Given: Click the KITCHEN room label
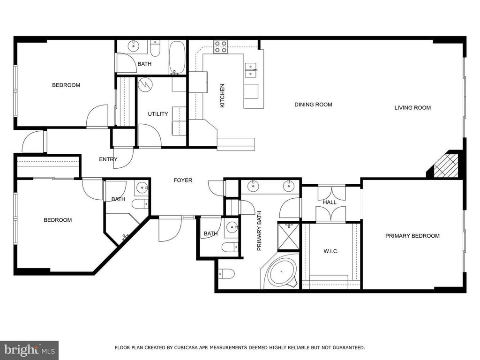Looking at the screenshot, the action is [223, 96].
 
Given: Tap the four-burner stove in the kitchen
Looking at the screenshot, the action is [220, 46].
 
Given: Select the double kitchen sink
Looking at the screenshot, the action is [251, 70].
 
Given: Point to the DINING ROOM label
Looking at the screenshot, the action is [313, 105].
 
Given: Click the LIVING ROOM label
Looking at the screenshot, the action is [412, 108].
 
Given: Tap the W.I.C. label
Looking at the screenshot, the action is [331, 251].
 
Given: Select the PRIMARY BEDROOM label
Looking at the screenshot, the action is [412, 236].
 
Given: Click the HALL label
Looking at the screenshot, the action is [330, 202].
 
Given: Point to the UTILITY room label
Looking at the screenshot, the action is [158, 114].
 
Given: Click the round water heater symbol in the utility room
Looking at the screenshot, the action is [145, 84].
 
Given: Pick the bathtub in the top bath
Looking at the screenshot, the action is [177, 58].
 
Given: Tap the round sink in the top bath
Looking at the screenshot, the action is [134, 46].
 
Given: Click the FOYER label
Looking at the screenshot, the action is [183, 180].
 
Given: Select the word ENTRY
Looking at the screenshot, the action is [108, 159].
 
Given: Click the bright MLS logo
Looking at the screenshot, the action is [29, 349].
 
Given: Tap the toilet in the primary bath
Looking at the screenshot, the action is [226, 274].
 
